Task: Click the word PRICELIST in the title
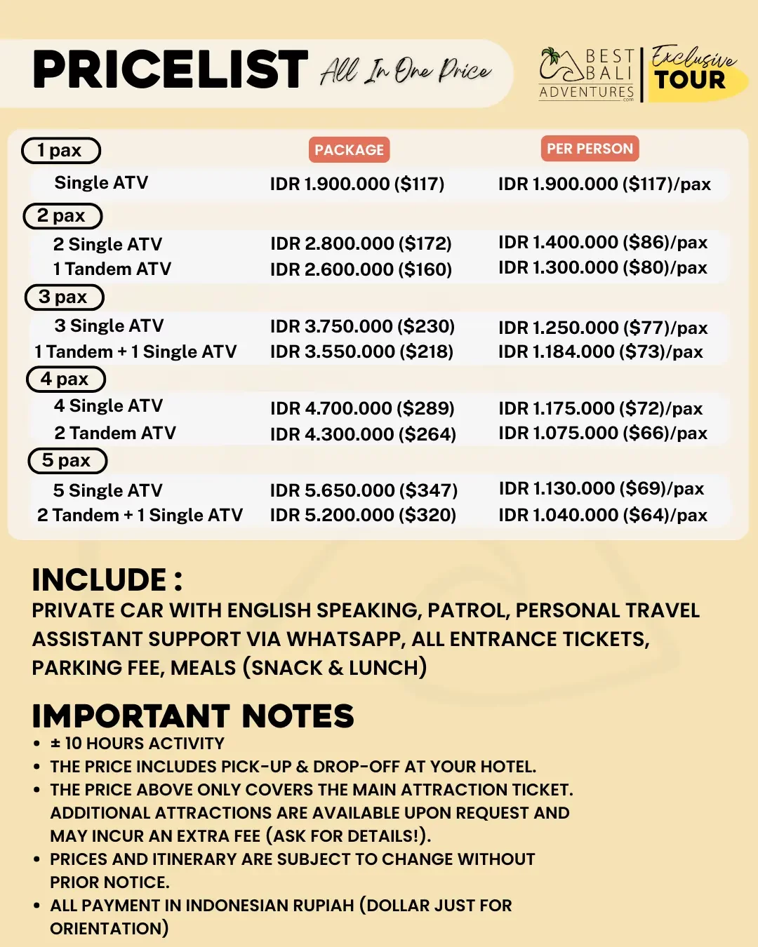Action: click(171, 69)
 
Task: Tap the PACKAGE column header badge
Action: click(349, 149)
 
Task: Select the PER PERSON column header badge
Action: click(590, 149)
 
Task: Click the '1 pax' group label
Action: click(60, 150)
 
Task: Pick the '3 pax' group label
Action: click(64, 297)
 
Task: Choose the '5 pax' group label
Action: click(67, 460)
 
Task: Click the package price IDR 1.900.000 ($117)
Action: click(357, 184)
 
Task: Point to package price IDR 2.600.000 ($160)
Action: click(361, 269)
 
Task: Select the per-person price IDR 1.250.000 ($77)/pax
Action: click(603, 328)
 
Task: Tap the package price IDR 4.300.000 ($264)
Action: click(363, 434)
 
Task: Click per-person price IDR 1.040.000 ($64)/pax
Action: click(603, 515)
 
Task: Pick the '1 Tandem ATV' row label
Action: click(112, 269)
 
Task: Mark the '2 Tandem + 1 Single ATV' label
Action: click(140, 515)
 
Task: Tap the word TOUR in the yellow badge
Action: click(690, 80)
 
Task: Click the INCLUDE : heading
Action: click(107, 580)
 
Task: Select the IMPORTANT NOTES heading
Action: click(193, 716)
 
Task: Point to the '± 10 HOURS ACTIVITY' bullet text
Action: click(138, 744)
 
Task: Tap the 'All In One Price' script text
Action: click(406, 70)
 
